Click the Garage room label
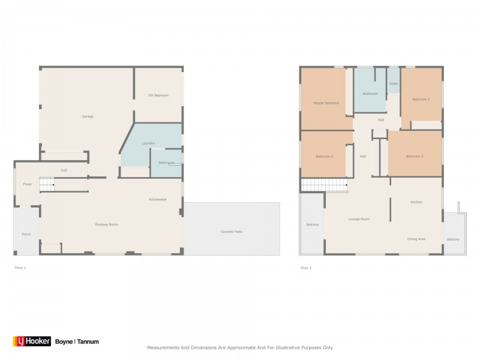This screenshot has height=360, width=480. (88, 116)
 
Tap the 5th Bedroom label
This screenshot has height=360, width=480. (158, 95)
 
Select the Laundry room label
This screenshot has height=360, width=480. (149, 143)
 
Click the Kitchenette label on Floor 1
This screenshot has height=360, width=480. (158, 199)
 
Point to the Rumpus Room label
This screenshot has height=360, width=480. (106, 224)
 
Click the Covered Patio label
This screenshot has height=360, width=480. (231, 231)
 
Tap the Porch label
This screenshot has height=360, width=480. (26, 234)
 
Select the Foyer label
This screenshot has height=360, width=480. (28, 184)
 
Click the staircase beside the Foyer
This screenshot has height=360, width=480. (47, 185)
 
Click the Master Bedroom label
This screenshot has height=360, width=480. (326, 103)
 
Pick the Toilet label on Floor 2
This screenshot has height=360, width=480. (393, 84)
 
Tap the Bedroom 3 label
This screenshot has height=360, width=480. (421, 99)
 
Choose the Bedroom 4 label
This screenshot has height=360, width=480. (325, 157)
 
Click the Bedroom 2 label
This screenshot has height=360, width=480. (415, 157)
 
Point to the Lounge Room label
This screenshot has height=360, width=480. (359, 219)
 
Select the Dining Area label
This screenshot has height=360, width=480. (416, 239)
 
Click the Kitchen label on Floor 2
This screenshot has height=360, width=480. (416, 202)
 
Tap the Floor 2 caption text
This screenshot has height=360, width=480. (306, 268)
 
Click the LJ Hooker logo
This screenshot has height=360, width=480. (32, 341)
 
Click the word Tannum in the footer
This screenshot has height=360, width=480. (88, 341)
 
